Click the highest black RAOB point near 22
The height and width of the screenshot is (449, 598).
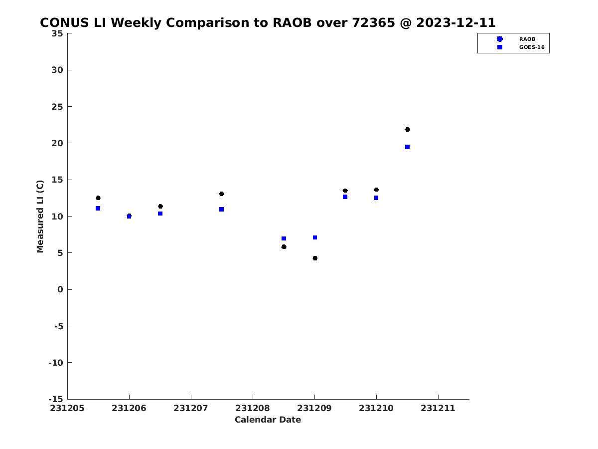pos(407,130)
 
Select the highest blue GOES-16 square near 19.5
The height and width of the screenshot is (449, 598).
pos(407,147)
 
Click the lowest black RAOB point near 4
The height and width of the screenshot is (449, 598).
pos(315,258)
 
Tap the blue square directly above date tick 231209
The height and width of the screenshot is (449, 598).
pos(315,237)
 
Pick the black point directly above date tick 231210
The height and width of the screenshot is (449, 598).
pos(376,190)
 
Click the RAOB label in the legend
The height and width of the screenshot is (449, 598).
pos(527,39)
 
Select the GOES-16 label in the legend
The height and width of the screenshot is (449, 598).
pos(532,47)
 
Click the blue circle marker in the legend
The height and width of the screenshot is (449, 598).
pos(500,39)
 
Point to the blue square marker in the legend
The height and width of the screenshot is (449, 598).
pos(500,47)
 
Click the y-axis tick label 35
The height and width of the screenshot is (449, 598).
pos(57,33)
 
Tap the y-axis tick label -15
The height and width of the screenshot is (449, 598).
pos(56,399)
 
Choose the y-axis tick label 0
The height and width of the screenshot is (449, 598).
pos(60,289)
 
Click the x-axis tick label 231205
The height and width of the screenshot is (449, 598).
pos(67,408)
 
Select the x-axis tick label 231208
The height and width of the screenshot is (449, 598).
pos(253,408)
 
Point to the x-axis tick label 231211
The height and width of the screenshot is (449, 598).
pos(438,408)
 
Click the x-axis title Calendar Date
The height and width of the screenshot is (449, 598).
pos(268,420)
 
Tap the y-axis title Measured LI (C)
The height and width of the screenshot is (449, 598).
pos(40,216)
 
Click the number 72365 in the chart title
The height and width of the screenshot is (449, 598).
pos(374,22)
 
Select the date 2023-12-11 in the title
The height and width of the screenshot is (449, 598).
pos(456,22)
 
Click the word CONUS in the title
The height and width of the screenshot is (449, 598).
pos(65,22)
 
